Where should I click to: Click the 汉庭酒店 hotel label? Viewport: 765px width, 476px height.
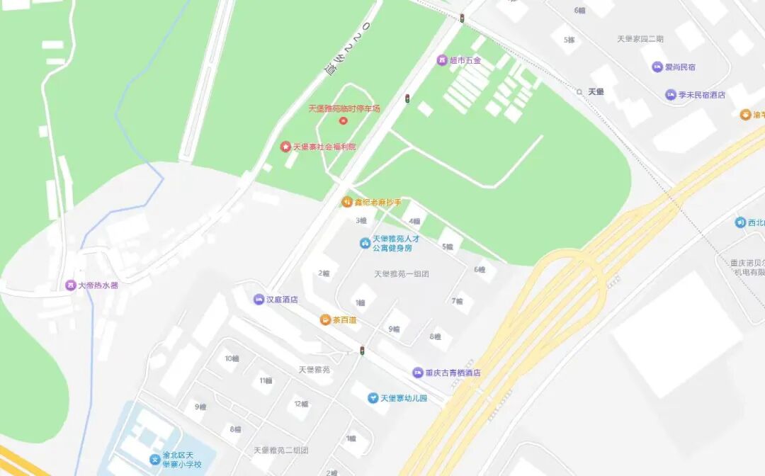tap(282, 300)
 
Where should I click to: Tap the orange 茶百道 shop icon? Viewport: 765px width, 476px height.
tap(325, 320)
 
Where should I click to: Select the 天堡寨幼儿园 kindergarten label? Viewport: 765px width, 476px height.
tap(404, 399)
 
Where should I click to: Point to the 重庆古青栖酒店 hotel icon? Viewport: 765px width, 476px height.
tap(419, 373)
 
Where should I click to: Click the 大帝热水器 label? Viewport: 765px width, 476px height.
tap(98, 285)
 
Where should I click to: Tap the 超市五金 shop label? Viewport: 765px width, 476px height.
tap(465, 61)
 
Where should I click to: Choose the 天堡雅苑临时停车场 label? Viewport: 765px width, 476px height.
tap(344, 108)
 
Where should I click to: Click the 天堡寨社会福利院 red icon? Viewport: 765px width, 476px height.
tap(286, 147)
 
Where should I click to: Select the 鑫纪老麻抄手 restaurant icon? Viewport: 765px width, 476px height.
tap(347, 202)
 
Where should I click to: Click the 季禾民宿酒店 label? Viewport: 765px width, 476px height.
tap(701, 95)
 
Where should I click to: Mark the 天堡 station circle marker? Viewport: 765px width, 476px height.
tap(579, 92)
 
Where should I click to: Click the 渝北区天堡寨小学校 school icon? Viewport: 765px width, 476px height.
tap(154, 460)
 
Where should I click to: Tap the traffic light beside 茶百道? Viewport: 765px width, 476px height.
tap(362, 351)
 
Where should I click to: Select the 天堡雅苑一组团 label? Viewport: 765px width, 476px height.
tap(402, 274)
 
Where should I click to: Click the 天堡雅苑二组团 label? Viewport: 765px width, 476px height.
tap(281, 450)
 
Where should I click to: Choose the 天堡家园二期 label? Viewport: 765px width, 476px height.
tap(640, 39)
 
